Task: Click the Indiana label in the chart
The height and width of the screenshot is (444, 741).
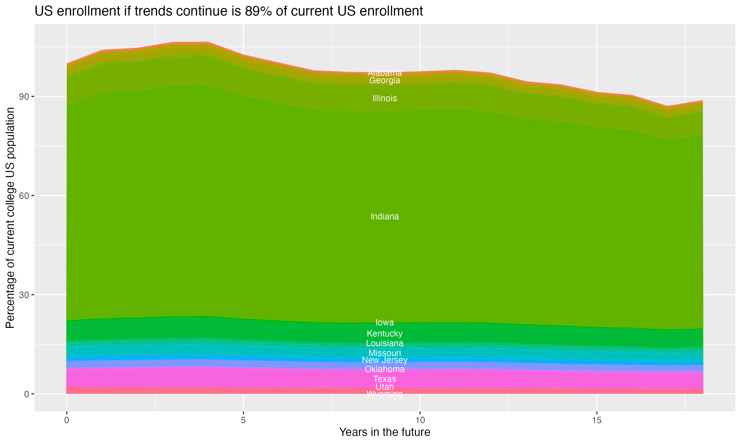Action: coord(385,216)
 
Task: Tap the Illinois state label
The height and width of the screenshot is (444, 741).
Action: coord(385,98)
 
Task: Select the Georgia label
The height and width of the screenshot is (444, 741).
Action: coord(385,80)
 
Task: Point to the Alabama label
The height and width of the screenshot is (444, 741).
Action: coord(385,73)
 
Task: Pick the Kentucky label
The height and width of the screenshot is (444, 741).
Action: coord(385,333)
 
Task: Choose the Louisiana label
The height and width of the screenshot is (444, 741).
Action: coord(385,343)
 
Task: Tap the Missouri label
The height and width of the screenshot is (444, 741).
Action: coord(385,353)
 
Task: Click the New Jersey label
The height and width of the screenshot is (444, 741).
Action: coord(385,360)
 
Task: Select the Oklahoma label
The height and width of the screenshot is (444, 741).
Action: coord(385,369)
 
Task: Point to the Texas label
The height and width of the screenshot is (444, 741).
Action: coord(385,379)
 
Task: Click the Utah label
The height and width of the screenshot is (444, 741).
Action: coord(385,387)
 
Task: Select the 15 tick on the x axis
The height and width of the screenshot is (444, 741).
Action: coord(597,420)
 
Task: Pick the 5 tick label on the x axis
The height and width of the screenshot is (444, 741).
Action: coord(243,420)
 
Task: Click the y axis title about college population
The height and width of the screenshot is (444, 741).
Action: coord(10,218)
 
